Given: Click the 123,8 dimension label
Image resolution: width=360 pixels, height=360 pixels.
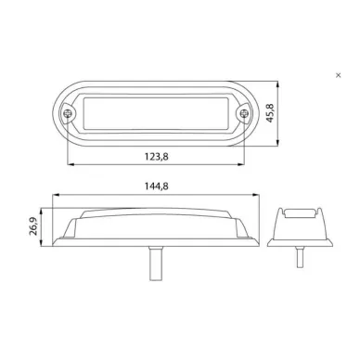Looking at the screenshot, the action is [157, 157].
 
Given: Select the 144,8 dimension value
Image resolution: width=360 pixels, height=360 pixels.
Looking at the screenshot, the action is [157, 186].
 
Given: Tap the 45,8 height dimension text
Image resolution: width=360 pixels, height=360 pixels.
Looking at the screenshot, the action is [270, 113].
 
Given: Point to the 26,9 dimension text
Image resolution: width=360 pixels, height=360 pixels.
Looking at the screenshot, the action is [33, 226].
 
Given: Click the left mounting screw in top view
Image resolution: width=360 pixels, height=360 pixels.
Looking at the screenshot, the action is [67, 113].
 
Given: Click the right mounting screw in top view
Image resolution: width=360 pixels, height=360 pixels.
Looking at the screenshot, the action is [244, 113].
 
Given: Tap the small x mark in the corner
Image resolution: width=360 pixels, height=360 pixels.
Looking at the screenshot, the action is [339, 75].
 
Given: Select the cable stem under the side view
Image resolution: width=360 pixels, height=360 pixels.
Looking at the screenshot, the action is [154, 264].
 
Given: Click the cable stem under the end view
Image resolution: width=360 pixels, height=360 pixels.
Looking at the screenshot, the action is [300, 257].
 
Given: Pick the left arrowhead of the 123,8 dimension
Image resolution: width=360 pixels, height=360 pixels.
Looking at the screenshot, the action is [71, 164].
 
